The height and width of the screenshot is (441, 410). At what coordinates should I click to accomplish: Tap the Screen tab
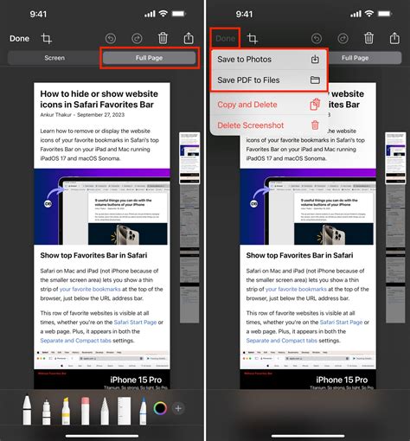(x=54, y=58)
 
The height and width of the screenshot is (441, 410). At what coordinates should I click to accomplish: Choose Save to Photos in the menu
(x=244, y=60)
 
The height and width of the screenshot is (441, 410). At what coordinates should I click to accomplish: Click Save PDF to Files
(x=248, y=80)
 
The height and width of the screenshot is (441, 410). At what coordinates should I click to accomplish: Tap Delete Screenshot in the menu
(x=251, y=125)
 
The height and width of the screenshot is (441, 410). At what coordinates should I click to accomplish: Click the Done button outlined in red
(x=226, y=38)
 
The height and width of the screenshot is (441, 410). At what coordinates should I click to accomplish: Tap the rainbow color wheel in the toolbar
(x=160, y=408)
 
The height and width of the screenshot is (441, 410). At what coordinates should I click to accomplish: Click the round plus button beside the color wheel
(x=179, y=408)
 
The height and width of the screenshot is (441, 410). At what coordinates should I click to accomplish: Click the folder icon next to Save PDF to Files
(x=316, y=80)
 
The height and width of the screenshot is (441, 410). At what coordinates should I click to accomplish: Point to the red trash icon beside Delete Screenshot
(x=315, y=125)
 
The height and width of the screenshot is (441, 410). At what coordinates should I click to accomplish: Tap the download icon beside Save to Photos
(x=316, y=60)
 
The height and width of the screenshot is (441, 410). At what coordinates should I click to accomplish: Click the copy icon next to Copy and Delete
(x=315, y=104)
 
